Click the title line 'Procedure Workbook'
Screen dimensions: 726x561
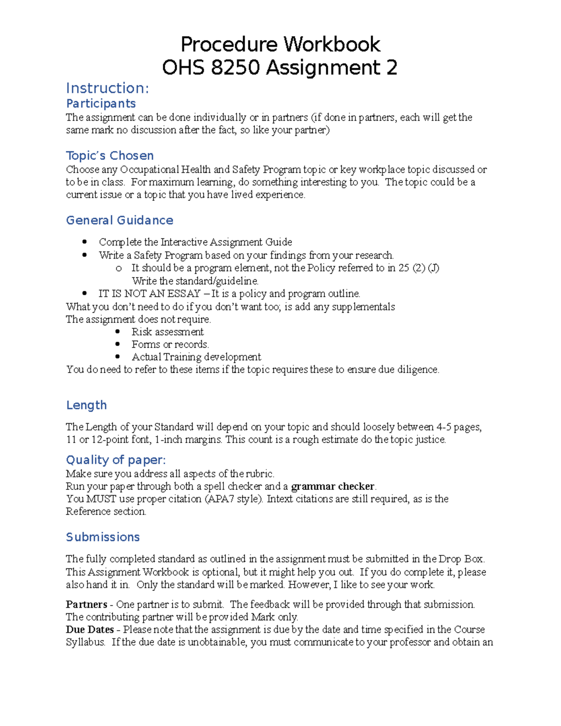click(280, 44)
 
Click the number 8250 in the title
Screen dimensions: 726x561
click(235, 68)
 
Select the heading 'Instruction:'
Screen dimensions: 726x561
click(108, 88)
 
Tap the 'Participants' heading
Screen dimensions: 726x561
click(101, 103)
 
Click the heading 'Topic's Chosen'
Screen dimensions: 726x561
click(109, 156)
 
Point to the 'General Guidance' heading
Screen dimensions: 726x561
click(119, 220)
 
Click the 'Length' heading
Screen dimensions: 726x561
click(86, 405)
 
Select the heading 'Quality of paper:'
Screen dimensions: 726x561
click(115, 460)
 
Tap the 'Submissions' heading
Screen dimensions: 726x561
click(102, 537)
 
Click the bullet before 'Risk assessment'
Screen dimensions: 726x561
click(118, 331)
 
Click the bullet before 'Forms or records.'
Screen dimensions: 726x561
click(118, 344)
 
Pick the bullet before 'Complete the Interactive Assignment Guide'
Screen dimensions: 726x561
click(85, 242)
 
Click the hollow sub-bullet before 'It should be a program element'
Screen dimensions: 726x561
click(118, 268)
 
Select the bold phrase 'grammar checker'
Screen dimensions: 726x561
click(332, 486)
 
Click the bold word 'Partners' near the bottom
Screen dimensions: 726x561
click(86, 604)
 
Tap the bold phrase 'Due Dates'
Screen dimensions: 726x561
click(90, 630)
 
